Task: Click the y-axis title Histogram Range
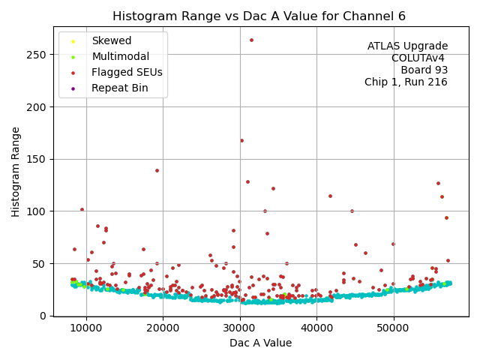click(x=16, y=172)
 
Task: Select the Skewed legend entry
click(x=111, y=40)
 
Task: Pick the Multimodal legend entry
click(x=120, y=56)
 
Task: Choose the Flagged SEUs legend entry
click(x=127, y=72)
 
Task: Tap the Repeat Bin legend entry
click(x=119, y=88)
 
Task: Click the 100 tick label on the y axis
click(x=38, y=211)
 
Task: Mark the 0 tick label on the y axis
click(x=44, y=316)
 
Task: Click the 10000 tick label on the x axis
click(x=86, y=328)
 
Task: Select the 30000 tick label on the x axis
click(x=239, y=328)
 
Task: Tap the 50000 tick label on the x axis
click(x=393, y=328)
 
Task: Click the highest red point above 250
click(x=251, y=40)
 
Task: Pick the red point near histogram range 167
click(x=241, y=140)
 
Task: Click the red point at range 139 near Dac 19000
click(x=157, y=170)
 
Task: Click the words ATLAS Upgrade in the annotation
click(x=407, y=46)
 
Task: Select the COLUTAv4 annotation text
click(x=419, y=58)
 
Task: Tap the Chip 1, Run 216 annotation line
click(x=406, y=82)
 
